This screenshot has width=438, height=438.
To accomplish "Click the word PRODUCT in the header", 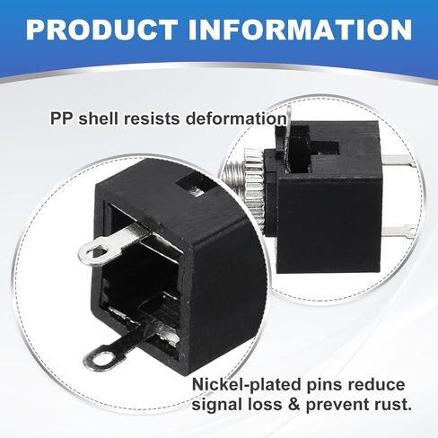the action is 101,30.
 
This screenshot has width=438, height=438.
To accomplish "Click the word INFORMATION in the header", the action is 300,30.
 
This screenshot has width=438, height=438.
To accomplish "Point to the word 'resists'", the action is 152,118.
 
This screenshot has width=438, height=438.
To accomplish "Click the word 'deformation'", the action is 236,118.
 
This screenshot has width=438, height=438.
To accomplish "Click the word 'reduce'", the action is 376,385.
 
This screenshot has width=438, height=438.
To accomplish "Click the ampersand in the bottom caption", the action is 293,405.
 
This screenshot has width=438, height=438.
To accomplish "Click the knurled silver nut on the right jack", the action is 253,183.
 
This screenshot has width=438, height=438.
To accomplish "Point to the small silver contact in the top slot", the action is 197,191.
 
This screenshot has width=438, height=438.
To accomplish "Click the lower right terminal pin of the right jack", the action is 399,231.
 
